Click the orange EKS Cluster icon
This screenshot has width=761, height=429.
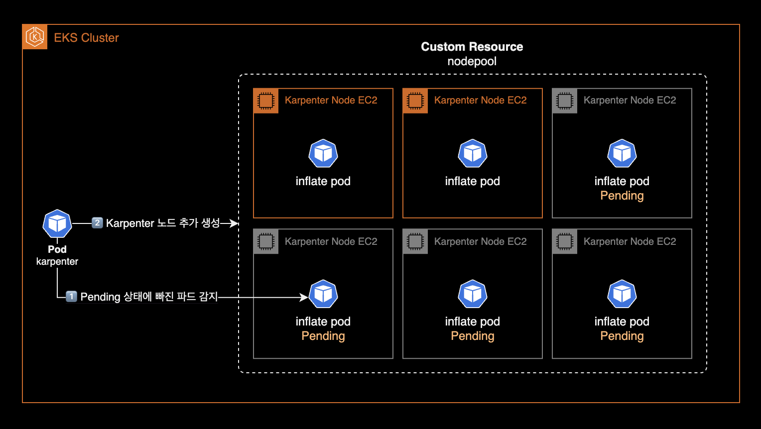(35, 37)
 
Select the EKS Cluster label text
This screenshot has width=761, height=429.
(86, 38)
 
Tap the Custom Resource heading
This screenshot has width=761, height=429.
(472, 47)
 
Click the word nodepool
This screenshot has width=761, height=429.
(472, 61)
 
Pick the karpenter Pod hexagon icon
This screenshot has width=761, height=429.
(57, 224)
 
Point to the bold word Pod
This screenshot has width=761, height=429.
(57, 249)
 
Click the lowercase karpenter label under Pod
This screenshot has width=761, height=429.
(57, 261)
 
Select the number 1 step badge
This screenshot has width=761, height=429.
(72, 297)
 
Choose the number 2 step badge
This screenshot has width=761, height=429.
(97, 222)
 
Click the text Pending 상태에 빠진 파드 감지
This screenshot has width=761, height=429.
(149, 297)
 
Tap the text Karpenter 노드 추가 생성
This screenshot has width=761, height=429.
(163, 223)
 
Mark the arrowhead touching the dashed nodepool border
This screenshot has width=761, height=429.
(235, 223)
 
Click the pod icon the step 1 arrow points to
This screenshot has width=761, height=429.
(323, 294)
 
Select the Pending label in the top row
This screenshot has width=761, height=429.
(622, 196)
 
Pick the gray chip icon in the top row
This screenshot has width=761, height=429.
(565, 101)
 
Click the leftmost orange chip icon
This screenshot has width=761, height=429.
(266, 101)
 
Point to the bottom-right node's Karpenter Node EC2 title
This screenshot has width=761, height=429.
(630, 241)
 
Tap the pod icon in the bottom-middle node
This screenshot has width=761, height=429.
(473, 294)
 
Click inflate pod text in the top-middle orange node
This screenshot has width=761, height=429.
(472, 181)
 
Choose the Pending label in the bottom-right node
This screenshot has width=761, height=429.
(622, 336)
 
